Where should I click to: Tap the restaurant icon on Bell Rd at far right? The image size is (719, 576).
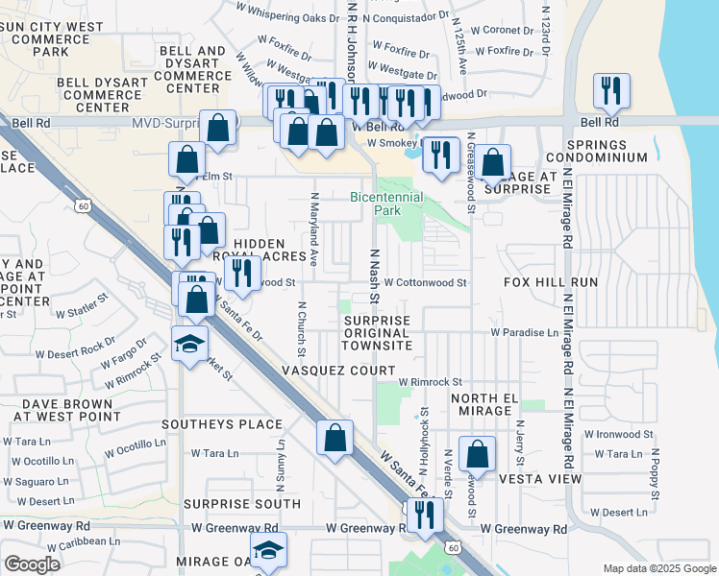pyautogui.click(x=611, y=92)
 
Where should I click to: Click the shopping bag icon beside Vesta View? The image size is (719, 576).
pyautogui.click(x=477, y=454)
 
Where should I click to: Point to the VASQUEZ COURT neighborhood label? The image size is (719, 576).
pyautogui.click(x=337, y=371)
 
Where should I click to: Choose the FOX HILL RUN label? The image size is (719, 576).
pyautogui.click(x=551, y=282)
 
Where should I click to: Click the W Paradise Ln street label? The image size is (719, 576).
pyautogui.click(x=524, y=332)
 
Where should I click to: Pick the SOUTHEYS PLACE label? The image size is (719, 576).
pyautogui.click(x=222, y=423)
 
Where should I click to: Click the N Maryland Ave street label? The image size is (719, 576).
pyautogui.click(x=314, y=228)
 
